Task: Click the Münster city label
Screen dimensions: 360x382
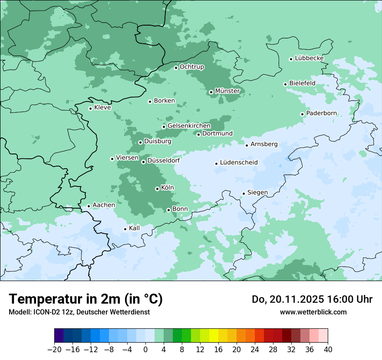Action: click(x=227, y=91)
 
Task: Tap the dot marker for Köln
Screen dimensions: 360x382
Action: click(x=157, y=189)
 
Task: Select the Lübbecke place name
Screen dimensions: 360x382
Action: click(x=309, y=58)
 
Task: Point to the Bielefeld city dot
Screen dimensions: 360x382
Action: click(x=286, y=84)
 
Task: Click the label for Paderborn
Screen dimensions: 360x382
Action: click(x=321, y=113)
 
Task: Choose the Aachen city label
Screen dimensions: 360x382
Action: click(x=104, y=205)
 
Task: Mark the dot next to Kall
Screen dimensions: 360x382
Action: click(x=125, y=229)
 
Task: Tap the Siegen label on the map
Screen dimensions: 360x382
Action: click(x=257, y=193)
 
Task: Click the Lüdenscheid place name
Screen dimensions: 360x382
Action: click(x=239, y=163)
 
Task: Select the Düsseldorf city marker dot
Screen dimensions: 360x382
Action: click(x=143, y=162)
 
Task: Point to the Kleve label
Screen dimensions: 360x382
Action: click(x=102, y=108)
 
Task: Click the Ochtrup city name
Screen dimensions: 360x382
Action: click(x=192, y=67)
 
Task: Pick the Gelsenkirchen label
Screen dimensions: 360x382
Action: click(x=189, y=126)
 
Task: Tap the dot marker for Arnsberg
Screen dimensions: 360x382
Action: click(x=247, y=145)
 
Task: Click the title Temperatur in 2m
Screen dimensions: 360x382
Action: click(x=86, y=299)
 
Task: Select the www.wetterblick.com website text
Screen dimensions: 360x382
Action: click(x=313, y=312)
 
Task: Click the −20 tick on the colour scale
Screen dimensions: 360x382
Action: click(x=54, y=350)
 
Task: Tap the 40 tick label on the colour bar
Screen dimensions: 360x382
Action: click(x=328, y=350)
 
